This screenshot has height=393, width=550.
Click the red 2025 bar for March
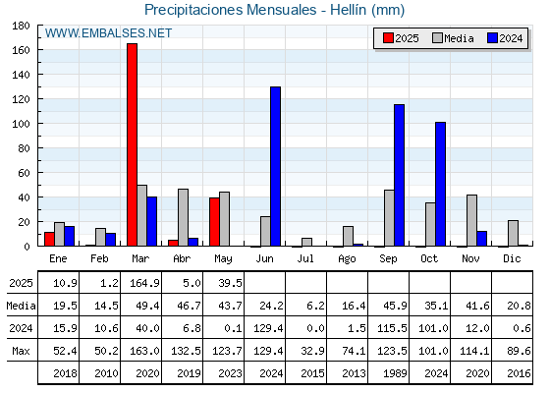click(x=133, y=144)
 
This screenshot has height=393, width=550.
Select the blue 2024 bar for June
click(x=275, y=166)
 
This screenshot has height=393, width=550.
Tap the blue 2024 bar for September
click(x=399, y=175)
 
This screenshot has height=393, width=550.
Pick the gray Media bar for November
click(x=471, y=220)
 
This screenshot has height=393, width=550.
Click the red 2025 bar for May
click(x=215, y=222)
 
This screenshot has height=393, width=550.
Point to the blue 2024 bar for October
click(x=441, y=184)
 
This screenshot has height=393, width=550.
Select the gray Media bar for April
click(x=183, y=217)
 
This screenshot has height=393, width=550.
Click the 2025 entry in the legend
click(x=401, y=38)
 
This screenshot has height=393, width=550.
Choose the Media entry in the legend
click(x=453, y=38)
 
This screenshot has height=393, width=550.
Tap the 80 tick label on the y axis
click(x=24, y=148)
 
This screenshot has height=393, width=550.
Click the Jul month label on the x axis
click(x=305, y=258)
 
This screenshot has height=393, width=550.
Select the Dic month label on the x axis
click(x=512, y=258)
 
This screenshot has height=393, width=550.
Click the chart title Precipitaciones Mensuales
click(x=231, y=10)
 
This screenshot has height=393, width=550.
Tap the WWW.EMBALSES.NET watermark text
click(x=108, y=33)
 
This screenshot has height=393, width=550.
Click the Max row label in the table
click(x=21, y=351)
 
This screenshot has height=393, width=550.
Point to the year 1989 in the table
click(x=395, y=373)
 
